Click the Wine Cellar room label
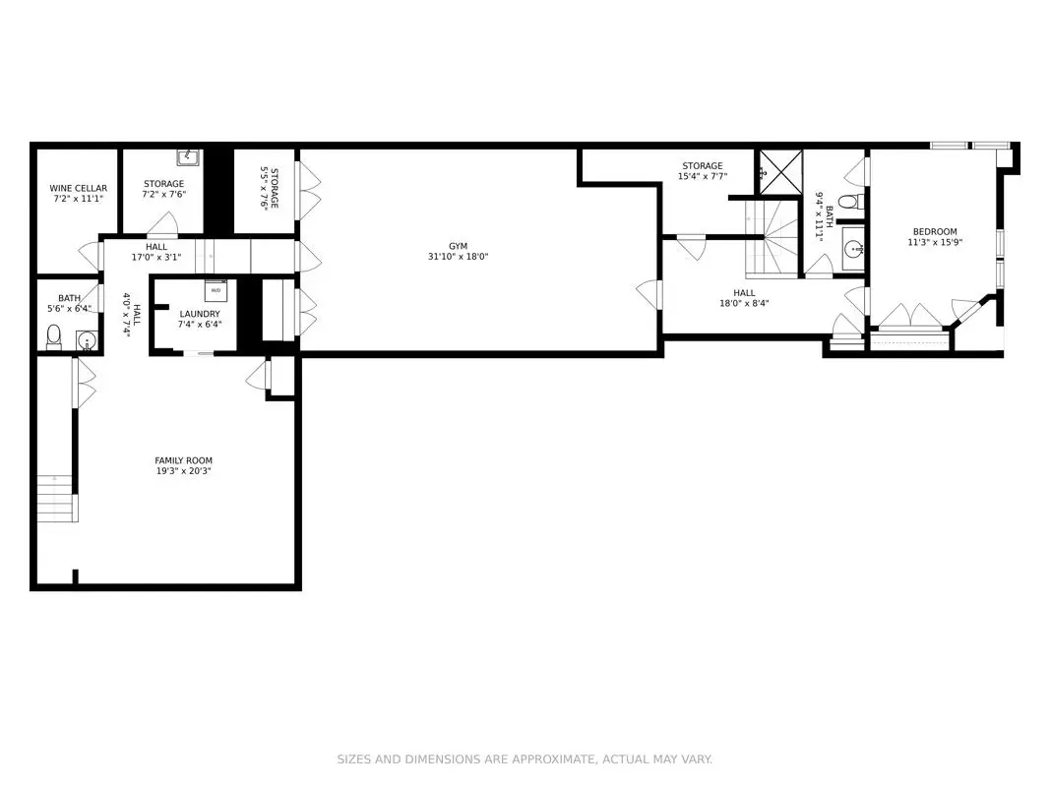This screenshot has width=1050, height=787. pos(78,188)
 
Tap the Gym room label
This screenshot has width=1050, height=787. pos(458,246)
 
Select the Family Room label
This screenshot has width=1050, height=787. pos(183,460)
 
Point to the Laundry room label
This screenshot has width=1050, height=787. pos(200,314)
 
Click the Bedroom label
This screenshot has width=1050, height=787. pos(935,231)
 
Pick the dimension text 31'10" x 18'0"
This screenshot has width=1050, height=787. pos(458,257)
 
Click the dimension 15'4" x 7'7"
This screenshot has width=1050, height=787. pos(703,177)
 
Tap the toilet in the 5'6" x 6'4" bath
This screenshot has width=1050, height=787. pos(54,336)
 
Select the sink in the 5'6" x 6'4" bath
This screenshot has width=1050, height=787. pos(87,340)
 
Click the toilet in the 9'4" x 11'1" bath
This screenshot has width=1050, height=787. pos(851,201)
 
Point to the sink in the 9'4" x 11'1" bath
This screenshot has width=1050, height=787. pos(853,250)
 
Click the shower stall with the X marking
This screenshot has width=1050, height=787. pos(779,173)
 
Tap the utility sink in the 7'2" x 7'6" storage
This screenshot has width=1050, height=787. pos(188,157)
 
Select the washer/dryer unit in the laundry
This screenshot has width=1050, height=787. pos(216,290)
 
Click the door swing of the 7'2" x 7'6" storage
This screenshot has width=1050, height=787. pos(162,224)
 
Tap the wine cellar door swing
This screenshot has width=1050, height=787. pos(91,256)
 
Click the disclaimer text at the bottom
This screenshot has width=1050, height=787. pos(525,758)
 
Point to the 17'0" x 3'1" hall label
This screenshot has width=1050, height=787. pos(156,252)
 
